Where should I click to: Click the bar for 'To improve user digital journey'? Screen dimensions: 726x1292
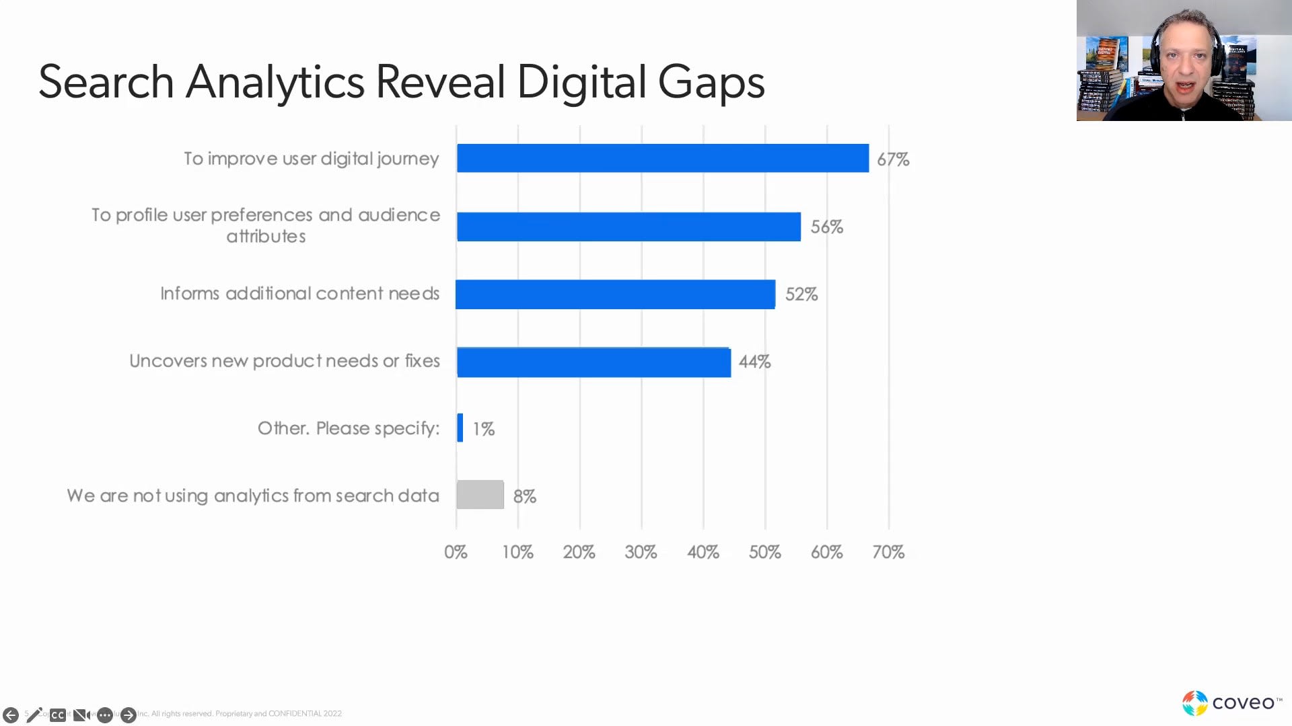(x=663, y=158)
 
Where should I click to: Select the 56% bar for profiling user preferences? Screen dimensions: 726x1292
(x=629, y=227)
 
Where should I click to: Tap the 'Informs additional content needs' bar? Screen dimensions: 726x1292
(x=615, y=294)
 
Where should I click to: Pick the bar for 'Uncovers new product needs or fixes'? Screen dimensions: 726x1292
(x=594, y=362)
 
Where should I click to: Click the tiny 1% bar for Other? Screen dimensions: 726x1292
(x=460, y=428)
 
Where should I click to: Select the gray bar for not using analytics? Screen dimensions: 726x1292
(x=480, y=495)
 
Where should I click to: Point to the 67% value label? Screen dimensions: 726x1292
(x=893, y=159)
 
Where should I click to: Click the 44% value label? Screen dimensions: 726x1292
(x=754, y=362)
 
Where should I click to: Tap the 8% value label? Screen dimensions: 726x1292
(x=525, y=496)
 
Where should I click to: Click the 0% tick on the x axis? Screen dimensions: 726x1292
(x=456, y=552)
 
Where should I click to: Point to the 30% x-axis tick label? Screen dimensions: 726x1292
(x=641, y=552)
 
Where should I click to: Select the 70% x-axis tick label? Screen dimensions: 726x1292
(x=888, y=552)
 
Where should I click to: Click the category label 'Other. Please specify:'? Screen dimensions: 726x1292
(x=349, y=428)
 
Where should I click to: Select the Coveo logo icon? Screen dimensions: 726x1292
(x=1195, y=703)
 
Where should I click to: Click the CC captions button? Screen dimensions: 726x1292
(x=58, y=715)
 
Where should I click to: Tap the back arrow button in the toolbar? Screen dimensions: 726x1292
(x=11, y=715)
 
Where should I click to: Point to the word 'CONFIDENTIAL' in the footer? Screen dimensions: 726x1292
(x=295, y=713)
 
